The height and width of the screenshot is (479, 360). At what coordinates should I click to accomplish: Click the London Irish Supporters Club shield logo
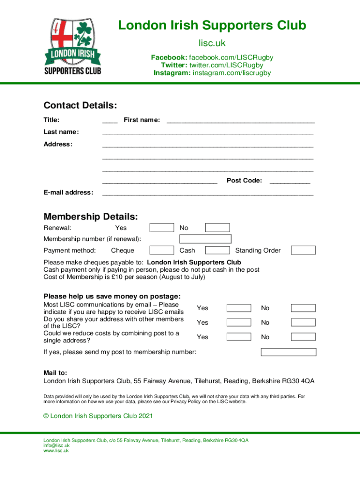point(72,46)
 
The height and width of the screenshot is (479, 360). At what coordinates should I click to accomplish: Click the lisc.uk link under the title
point(212,44)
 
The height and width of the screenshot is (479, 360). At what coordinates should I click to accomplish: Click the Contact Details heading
point(80,105)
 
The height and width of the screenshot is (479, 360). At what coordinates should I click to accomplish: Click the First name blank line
point(240,121)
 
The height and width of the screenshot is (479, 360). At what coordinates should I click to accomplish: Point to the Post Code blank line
point(290,181)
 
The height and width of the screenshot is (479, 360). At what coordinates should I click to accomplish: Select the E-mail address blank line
point(208,193)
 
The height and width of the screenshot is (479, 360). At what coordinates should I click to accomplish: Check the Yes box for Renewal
point(162,228)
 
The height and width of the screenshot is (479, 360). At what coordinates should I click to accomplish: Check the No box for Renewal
point(217,228)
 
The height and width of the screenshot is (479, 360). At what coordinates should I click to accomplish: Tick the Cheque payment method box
point(162,250)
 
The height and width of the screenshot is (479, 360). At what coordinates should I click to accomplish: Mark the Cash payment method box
point(217,250)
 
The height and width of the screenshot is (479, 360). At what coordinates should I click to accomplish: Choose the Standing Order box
point(303,250)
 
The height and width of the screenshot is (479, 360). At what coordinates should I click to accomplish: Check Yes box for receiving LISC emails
point(239,308)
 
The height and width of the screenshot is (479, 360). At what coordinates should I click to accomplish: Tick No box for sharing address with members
point(303,322)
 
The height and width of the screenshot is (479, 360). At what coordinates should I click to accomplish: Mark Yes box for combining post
point(239,337)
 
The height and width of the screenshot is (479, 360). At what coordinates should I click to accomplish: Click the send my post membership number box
point(288,352)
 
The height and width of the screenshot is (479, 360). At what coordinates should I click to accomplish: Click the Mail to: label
point(55,373)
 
